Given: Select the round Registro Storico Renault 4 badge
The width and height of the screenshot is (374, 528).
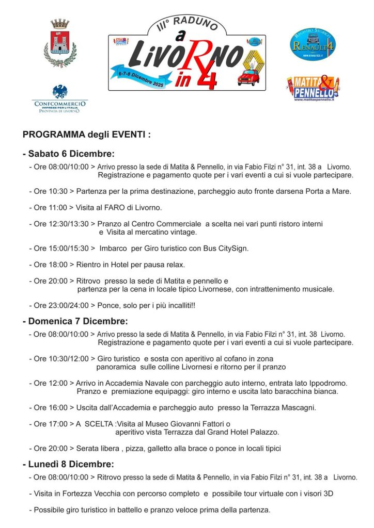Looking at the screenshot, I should [313, 44].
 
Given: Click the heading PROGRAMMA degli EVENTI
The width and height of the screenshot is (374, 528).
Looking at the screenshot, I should [87, 135].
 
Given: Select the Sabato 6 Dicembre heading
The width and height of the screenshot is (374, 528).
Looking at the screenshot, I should [68, 154].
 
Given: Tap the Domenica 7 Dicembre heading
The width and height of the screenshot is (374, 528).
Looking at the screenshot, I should [75, 321].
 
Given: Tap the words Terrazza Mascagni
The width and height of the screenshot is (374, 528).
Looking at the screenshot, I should [285, 407].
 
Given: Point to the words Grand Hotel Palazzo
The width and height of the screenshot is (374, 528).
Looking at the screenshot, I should [243, 432].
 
